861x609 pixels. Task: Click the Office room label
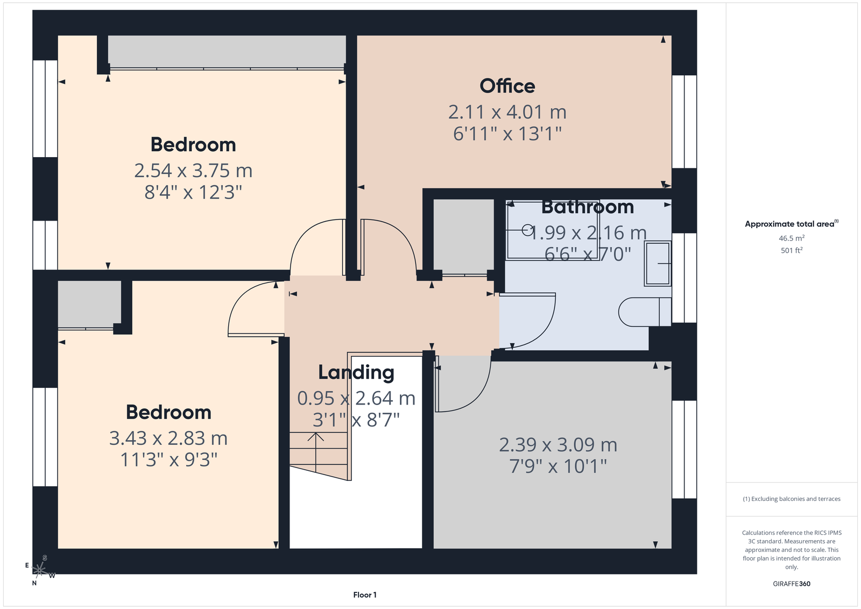(x=507, y=86)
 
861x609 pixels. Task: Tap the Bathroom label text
(x=587, y=207)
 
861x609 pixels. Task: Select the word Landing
(x=356, y=373)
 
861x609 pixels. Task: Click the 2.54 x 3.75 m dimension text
(x=193, y=171)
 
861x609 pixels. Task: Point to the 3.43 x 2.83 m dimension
(x=168, y=438)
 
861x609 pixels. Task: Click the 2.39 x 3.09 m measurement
(x=558, y=445)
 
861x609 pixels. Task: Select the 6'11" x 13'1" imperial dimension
(x=507, y=134)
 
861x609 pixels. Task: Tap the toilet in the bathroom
(x=645, y=311)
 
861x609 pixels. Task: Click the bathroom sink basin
(x=658, y=264)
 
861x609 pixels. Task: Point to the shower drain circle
(x=527, y=230)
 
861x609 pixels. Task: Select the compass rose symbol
(x=40, y=570)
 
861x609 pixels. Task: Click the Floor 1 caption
(x=365, y=595)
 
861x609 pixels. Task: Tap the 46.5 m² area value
(x=792, y=238)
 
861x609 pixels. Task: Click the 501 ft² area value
(x=792, y=250)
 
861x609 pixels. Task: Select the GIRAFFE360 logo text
(x=792, y=584)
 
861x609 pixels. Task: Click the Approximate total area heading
(x=792, y=224)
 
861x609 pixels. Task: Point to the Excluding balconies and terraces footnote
(x=792, y=499)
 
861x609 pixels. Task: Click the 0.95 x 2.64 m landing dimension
(x=356, y=398)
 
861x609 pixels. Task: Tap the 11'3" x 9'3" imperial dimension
(x=169, y=459)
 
